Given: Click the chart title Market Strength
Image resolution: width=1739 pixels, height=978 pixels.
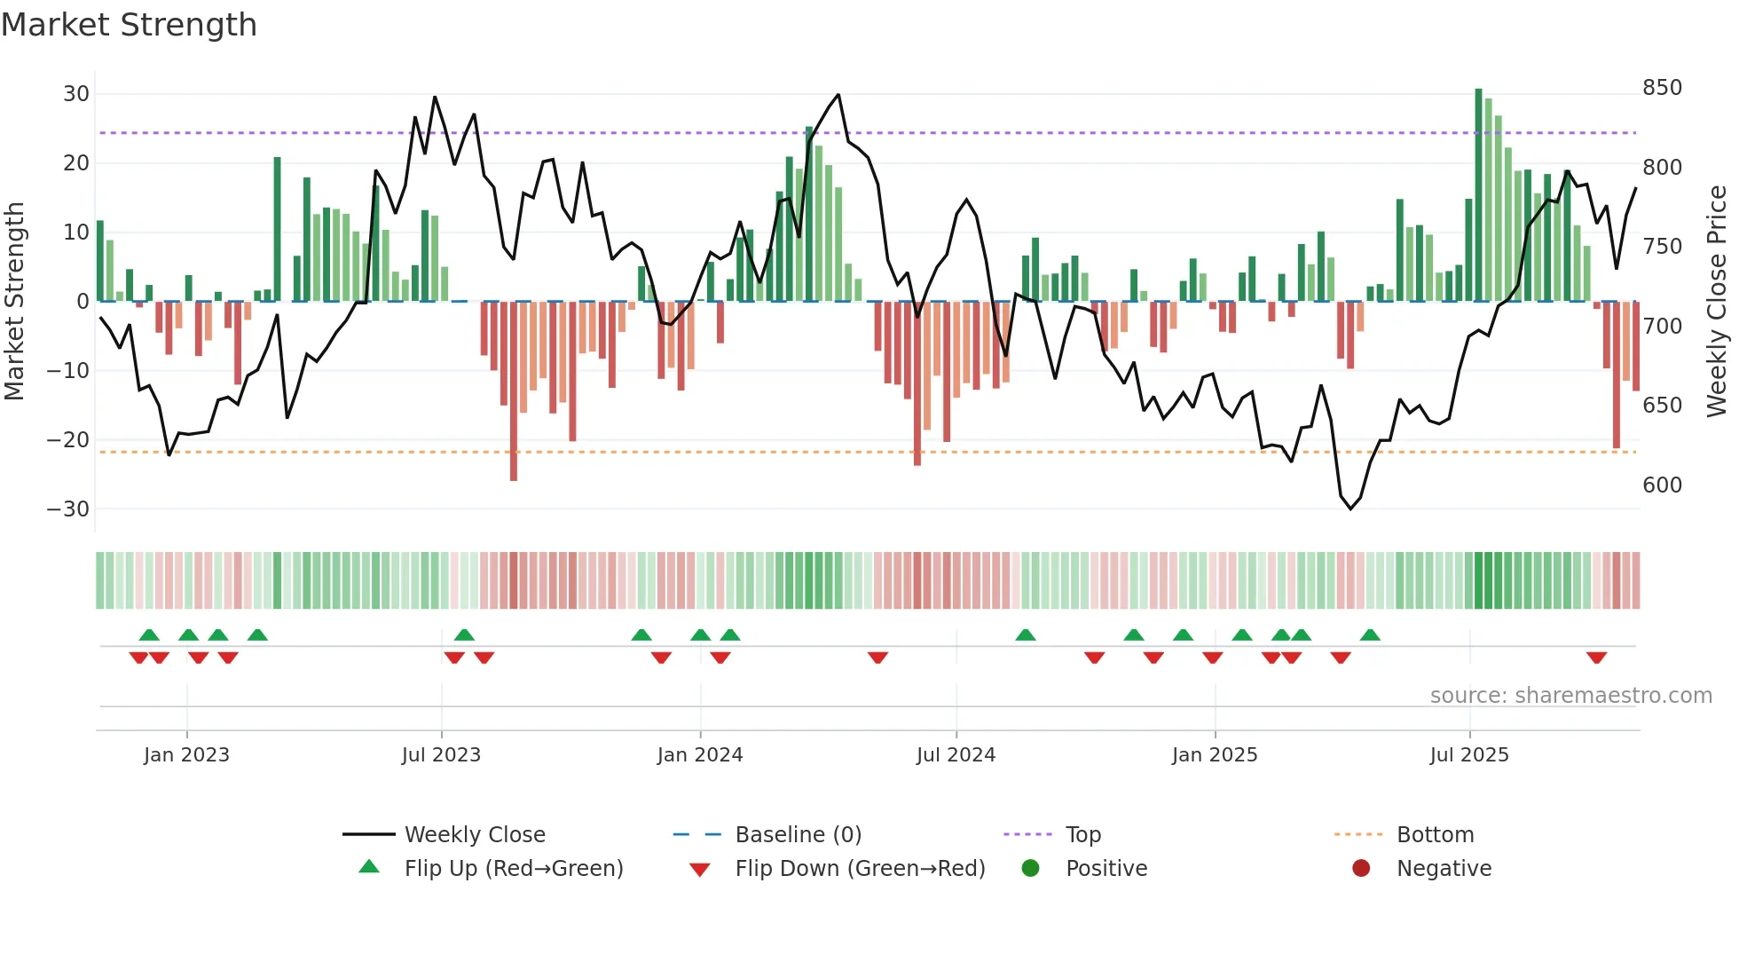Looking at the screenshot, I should pos(129,25).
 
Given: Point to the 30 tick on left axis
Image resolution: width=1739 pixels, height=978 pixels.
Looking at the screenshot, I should pos(76,94).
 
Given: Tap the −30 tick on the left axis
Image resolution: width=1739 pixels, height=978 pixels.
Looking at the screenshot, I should pos(68,509).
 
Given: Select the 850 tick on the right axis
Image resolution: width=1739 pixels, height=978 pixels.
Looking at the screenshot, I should pos(1662,88).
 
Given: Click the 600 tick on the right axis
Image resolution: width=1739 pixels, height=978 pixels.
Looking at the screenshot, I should pos(1662,485).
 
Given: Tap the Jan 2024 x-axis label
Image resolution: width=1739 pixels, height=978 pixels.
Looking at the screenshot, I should pos(699,755).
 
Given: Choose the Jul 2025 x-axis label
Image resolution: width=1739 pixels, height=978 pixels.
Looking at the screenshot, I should pos(1468,755).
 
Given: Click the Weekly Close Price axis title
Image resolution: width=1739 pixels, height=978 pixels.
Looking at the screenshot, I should pos(1718,302).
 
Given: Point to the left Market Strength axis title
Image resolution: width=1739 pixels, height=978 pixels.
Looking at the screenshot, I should pos(14,302).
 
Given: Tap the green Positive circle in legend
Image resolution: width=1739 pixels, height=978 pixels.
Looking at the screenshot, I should pos(1030,869).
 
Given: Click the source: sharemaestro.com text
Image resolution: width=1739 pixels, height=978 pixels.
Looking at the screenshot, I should pos(1570,696).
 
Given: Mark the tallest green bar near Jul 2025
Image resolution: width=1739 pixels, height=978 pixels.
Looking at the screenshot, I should pos(1478,195).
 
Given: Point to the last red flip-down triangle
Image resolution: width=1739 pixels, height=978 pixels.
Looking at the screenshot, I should pos(1596,658).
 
